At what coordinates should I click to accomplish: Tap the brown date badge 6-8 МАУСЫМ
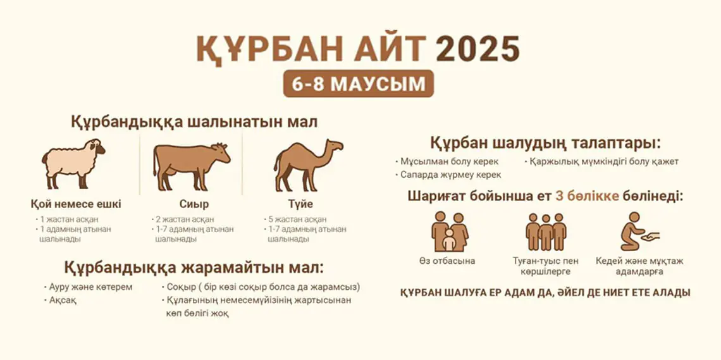tap(358, 84)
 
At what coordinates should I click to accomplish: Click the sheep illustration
tap(73, 163)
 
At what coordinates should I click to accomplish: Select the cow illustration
tap(191, 166)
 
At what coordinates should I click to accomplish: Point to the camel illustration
tap(307, 164)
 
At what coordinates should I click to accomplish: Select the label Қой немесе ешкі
tap(76, 204)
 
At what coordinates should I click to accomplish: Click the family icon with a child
tap(450, 232)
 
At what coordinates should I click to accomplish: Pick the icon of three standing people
tap(546, 232)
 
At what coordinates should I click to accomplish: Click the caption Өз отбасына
tap(447, 261)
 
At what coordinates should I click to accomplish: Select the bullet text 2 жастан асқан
tap(185, 220)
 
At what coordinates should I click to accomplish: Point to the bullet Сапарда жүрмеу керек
tap(450, 175)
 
